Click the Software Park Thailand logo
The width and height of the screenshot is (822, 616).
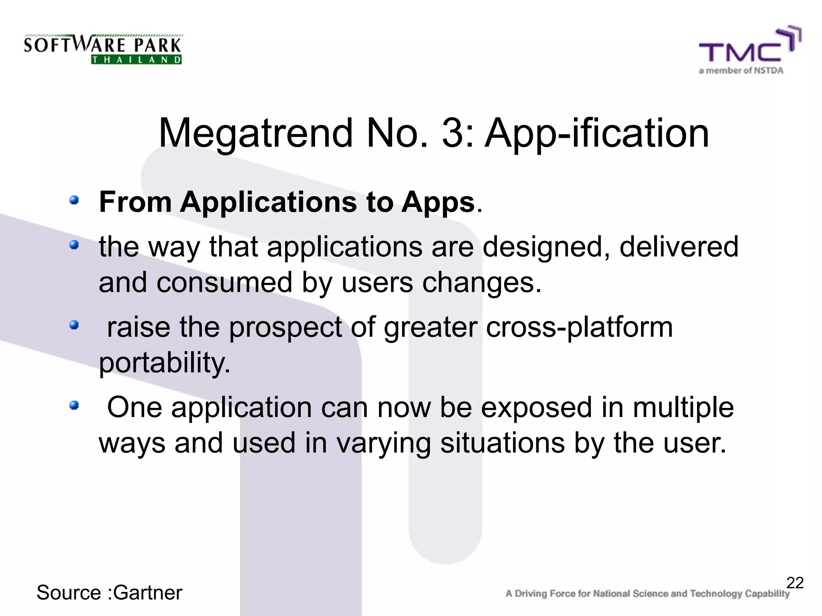[103, 49]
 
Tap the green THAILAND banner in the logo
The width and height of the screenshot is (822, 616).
[136, 60]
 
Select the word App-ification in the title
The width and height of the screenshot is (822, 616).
[597, 133]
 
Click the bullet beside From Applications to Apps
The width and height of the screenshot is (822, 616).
[74, 200]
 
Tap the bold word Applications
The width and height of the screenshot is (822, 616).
[268, 202]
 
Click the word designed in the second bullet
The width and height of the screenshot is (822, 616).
[546, 246]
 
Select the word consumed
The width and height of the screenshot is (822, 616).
[224, 282]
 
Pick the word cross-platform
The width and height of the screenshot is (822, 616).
[579, 327]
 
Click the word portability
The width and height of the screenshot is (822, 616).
[165, 363]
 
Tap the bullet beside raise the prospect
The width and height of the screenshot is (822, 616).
[74, 324]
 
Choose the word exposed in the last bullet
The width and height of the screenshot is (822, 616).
[536, 407]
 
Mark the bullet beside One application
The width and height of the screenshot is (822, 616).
[74, 406]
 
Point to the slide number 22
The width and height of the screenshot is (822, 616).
[795, 583]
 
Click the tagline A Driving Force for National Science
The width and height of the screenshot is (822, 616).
[647, 594]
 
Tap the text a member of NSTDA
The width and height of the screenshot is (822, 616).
[741, 71]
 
